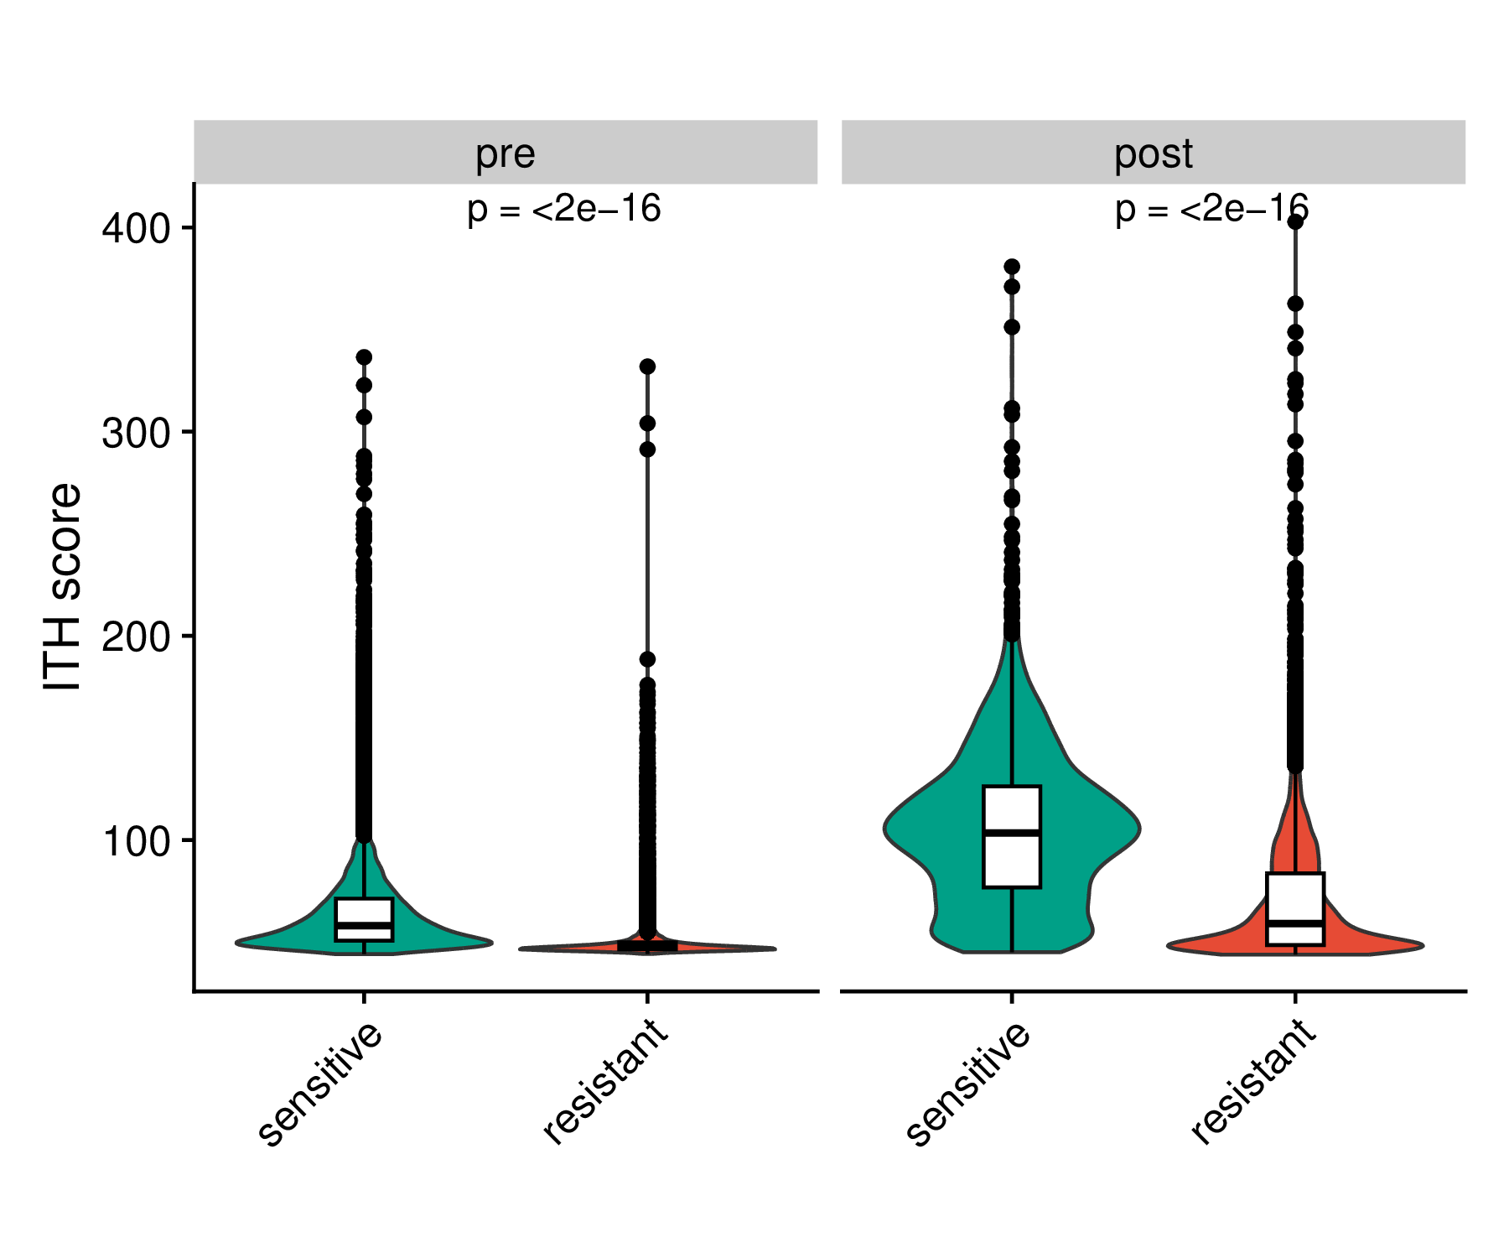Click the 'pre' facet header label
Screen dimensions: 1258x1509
[x=505, y=153]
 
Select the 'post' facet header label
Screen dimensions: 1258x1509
[x=1153, y=153]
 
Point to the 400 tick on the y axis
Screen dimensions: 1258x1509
[x=136, y=228]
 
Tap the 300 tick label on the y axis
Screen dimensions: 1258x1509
[x=136, y=433]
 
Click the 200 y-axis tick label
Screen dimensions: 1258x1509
[x=136, y=637]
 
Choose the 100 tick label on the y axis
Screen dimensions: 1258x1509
[x=136, y=841]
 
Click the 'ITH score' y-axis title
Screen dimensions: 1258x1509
[x=62, y=587]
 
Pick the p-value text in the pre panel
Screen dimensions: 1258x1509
[x=564, y=209]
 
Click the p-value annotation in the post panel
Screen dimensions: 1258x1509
[x=1211, y=209]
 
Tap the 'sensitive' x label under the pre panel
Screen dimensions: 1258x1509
[x=320, y=1083]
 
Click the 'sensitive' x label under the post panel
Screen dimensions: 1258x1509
[x=968, y=1083]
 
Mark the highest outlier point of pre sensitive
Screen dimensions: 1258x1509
[x=364, y=357]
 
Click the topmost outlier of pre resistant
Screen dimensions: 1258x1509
[x=647, y=366]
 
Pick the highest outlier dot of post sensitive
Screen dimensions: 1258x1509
[x=1012, y=267]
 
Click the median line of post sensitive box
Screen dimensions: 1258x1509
[x=1012, y=832]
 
